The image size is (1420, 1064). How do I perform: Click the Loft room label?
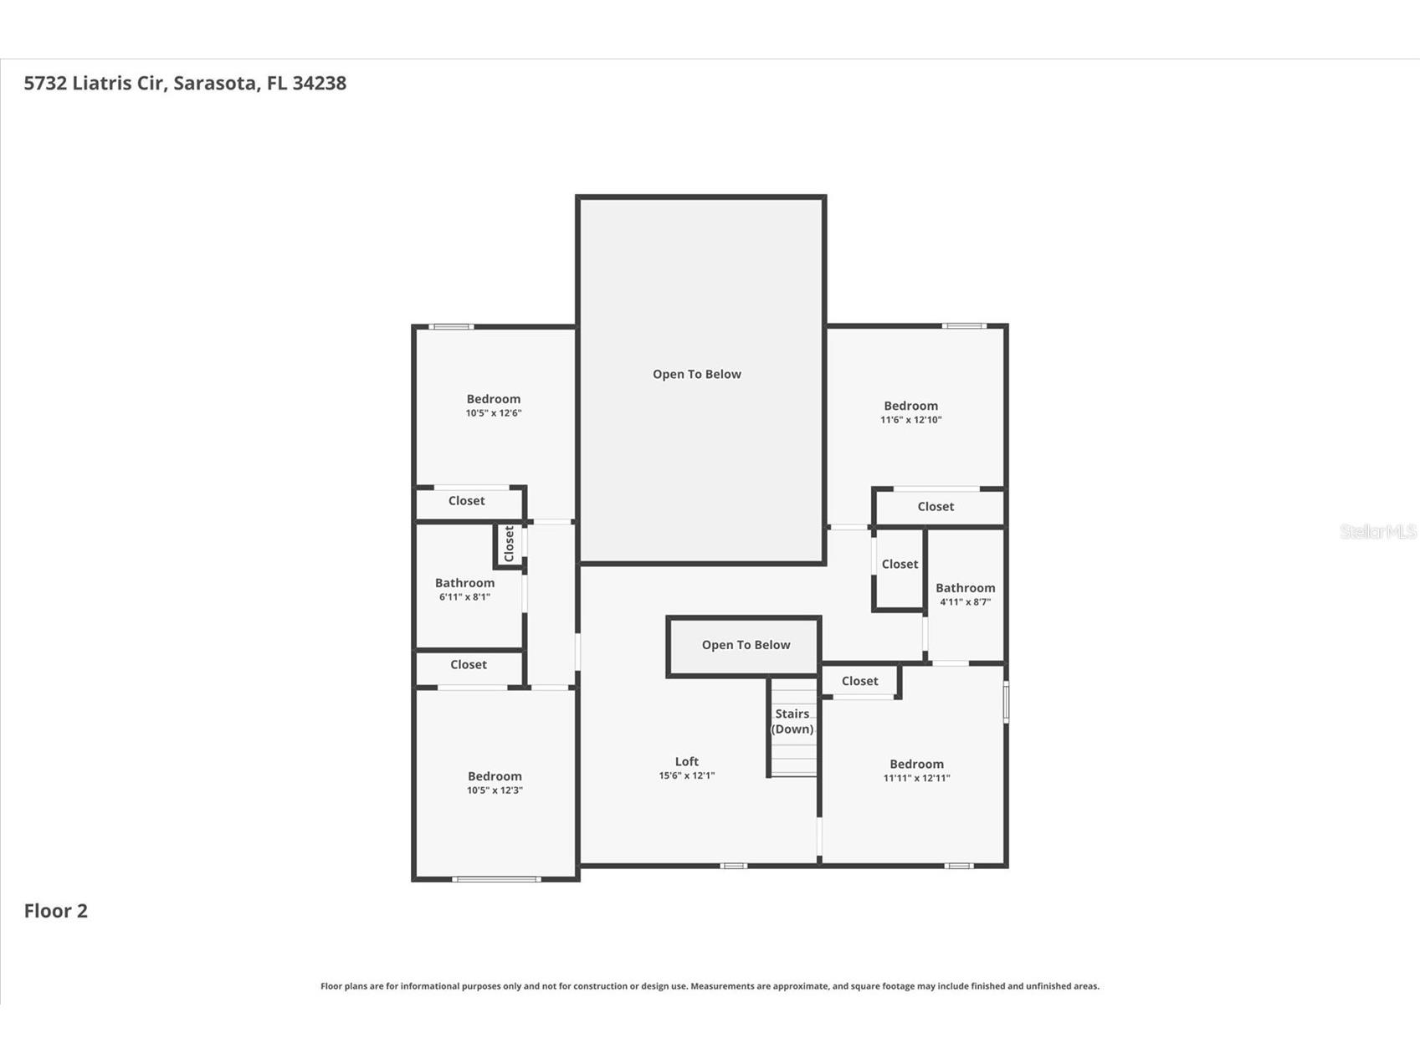pos(686,761)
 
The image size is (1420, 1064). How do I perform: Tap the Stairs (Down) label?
pos(792,721)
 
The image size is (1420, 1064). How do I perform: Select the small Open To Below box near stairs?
pos(745,645)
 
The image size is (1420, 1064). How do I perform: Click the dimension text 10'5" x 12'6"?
pos(494,413)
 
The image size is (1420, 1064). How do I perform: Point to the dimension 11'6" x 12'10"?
pos(910,420)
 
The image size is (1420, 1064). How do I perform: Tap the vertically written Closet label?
pos(509,544)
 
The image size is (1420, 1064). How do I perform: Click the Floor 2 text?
pos(55,911)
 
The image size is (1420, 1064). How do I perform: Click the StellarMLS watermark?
pos(1377,531)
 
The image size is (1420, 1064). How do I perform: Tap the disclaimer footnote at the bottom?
pos(710,986)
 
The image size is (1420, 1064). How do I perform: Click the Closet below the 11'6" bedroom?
pos(936,507)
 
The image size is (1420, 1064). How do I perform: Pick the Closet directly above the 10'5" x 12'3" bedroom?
pos(468,665)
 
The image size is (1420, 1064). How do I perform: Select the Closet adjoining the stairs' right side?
pos(859,681)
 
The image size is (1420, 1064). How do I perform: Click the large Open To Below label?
pos(697,374)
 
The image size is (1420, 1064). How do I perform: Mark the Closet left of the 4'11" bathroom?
pos(900,565)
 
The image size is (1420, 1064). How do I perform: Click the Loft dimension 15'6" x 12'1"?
pos(686,775)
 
